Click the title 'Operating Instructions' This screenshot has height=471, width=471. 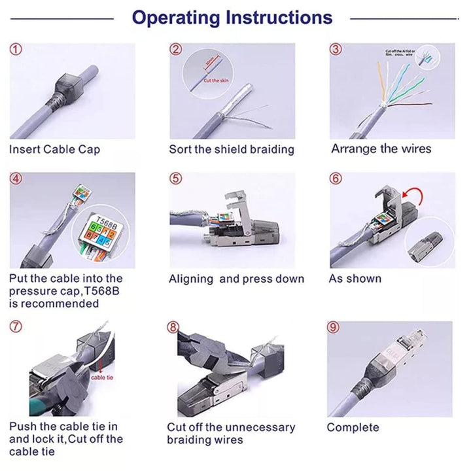tap(232, 18)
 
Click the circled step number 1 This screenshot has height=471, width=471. tap(16, 50)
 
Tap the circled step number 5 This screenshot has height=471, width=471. tap(175, 179)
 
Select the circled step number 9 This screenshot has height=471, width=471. tap(334, 327)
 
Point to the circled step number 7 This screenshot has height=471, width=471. tap(16, 327)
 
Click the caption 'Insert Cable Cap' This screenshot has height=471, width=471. tap(54, 150)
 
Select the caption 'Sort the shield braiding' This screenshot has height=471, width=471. tap(232, 150)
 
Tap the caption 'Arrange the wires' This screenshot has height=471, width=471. tap(381, 149)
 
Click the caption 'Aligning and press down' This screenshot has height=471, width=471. tap(236, 279)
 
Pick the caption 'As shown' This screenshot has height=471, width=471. tap(355, 279)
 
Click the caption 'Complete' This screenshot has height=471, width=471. tap(353, 428)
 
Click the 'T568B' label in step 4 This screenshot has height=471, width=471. tap(107, 220)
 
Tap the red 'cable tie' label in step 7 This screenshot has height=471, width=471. tap(103, 377)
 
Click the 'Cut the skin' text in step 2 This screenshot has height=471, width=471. tap(217, 80)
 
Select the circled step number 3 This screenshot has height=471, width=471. tap(336, 50)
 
